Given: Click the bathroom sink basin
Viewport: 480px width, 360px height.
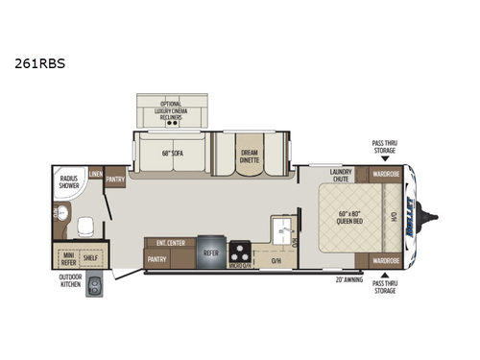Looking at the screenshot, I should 60,214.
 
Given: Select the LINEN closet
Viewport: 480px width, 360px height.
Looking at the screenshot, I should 96,174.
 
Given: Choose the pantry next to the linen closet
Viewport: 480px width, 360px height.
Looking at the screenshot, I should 116,179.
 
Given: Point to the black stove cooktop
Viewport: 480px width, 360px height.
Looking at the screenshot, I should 240,253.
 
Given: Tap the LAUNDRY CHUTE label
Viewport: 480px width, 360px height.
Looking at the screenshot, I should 341,176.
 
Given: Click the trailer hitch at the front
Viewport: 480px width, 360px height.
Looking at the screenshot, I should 430,217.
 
